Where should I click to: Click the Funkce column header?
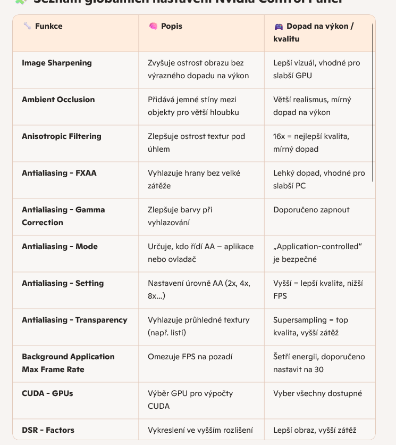click(x=48, y=26)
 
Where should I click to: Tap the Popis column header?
click(x=172, y=26)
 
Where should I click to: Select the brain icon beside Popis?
click(x=153, y=26)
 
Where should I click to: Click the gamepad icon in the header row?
click(x=279, y=26)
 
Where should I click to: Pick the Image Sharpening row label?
click(x=57, y=63)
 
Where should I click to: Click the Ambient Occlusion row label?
click(x=58, y=100)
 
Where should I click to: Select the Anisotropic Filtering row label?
click(x=62, y=136)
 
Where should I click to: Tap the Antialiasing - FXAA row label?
click(x=59, y=173)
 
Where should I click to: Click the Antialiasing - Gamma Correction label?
click(x=63, y=216)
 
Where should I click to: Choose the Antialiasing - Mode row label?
click(x=60, y=246)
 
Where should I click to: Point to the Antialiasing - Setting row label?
click(x=63, y=283)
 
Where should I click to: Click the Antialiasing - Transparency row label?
click(x=74, y=320)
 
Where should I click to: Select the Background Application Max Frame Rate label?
click(x=68, y=363)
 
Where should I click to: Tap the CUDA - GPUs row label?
click(x=47, y=393)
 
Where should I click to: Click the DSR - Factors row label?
click(x=48, y=430)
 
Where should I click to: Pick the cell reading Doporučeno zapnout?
click(x=311, y=210)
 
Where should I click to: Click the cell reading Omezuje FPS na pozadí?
click(x=190, y=357)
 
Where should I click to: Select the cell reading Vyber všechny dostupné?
click(x=318, y=393)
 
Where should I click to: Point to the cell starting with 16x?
click(x=311, y=143)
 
